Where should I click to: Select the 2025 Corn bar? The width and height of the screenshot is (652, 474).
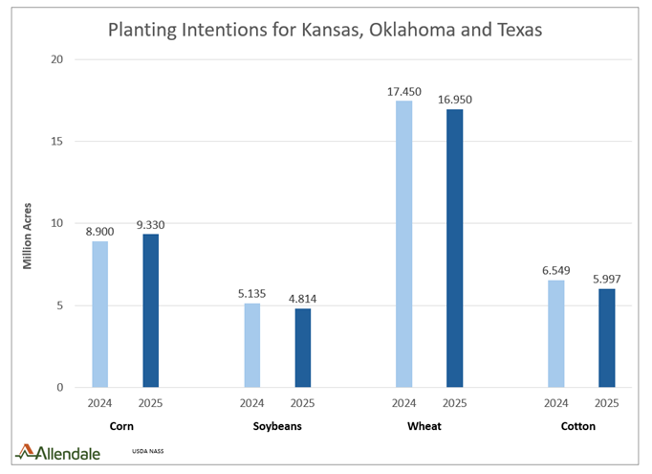[x=151, y=311]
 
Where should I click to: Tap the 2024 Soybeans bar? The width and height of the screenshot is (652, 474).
[x=252, y=345]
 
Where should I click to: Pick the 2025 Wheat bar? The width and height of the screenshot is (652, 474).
[x=454, y=249]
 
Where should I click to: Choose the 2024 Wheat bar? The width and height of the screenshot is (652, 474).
[x=403, y=244]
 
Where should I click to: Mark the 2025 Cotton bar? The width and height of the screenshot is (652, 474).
[x=606, y=338]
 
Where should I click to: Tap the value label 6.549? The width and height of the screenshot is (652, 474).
[x=555, y=269]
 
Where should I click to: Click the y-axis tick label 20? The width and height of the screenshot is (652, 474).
[x=56, y=59]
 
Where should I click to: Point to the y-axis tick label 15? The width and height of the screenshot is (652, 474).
[x=56, y=142]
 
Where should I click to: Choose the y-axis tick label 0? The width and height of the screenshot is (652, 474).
[x=59, y=388]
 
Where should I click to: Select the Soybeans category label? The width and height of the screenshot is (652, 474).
[x=277, y=426]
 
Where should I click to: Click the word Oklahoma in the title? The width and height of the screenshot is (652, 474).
[x=381, y=30]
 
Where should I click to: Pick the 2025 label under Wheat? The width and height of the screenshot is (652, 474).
[x=454, y=403]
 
